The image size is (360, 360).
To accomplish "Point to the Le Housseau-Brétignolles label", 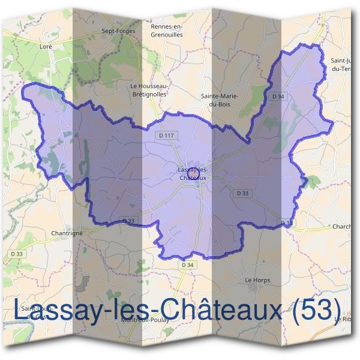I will [149, 90].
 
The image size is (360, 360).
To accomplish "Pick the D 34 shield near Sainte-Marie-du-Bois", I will [278, 96].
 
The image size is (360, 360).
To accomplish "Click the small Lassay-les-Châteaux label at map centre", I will [193, 174].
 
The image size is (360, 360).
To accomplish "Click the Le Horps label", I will [257, 280].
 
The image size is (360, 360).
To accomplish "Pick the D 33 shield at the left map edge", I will [18, 254].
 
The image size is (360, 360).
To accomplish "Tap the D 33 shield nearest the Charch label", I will [286, 223].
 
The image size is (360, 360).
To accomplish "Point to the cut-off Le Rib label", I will [346, 319].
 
